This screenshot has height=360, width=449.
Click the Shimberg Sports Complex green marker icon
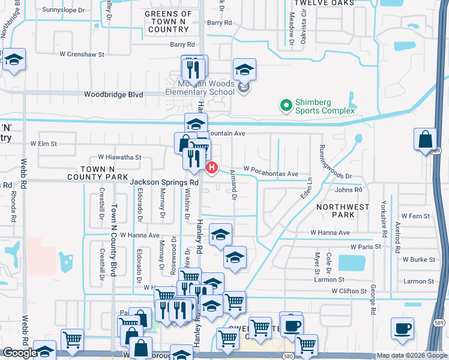[x=286, y=106]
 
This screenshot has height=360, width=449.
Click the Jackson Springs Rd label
[x=164, y=181]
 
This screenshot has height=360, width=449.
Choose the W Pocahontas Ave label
[x=270, y=173]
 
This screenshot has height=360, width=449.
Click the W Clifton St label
[x=349, y=291]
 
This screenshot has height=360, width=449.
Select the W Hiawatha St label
[x=121, y=157]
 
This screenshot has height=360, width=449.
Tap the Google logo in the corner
[x=20, y=353]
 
